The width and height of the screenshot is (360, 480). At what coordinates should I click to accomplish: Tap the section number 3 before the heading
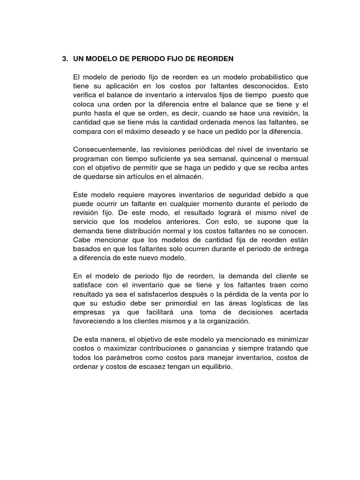click(x=64, y=59)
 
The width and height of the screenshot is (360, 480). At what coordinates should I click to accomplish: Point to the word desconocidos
click(x=266, y=86)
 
